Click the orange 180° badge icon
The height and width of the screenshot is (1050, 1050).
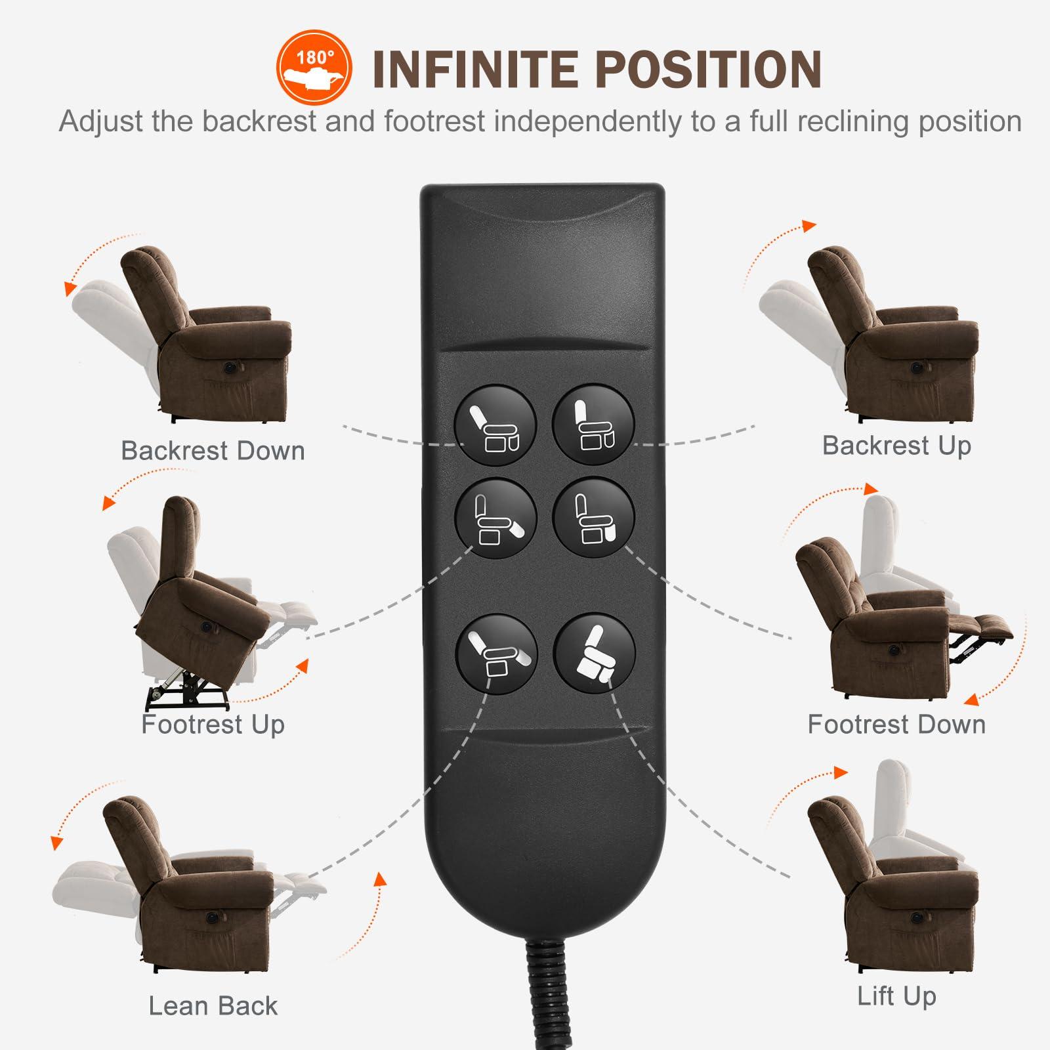pos(314,67)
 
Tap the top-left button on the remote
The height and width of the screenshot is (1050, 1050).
pos(495,425)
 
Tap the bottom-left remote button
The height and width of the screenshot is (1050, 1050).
pos(495,654)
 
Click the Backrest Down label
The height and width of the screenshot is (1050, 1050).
pos(213,451)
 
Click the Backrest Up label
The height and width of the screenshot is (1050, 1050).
pos(896,446)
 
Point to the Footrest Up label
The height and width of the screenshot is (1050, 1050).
pos(213,724)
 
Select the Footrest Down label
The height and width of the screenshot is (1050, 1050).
pos(896,724)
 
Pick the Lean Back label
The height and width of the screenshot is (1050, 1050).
pos(213,1006)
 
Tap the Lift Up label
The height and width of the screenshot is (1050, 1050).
pos(896,996)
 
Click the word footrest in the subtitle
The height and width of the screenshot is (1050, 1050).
pos(434,122)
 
